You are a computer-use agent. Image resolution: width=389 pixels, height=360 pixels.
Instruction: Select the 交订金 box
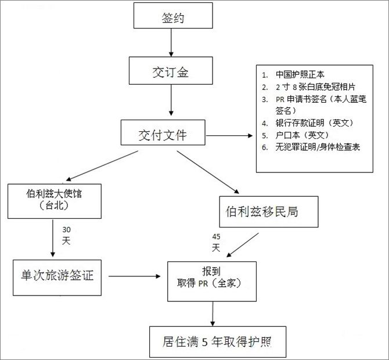click(170, 73)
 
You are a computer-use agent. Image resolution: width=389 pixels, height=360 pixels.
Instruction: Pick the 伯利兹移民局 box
click(269, 211)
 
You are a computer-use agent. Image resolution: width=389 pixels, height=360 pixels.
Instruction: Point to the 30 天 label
click(67, 235)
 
